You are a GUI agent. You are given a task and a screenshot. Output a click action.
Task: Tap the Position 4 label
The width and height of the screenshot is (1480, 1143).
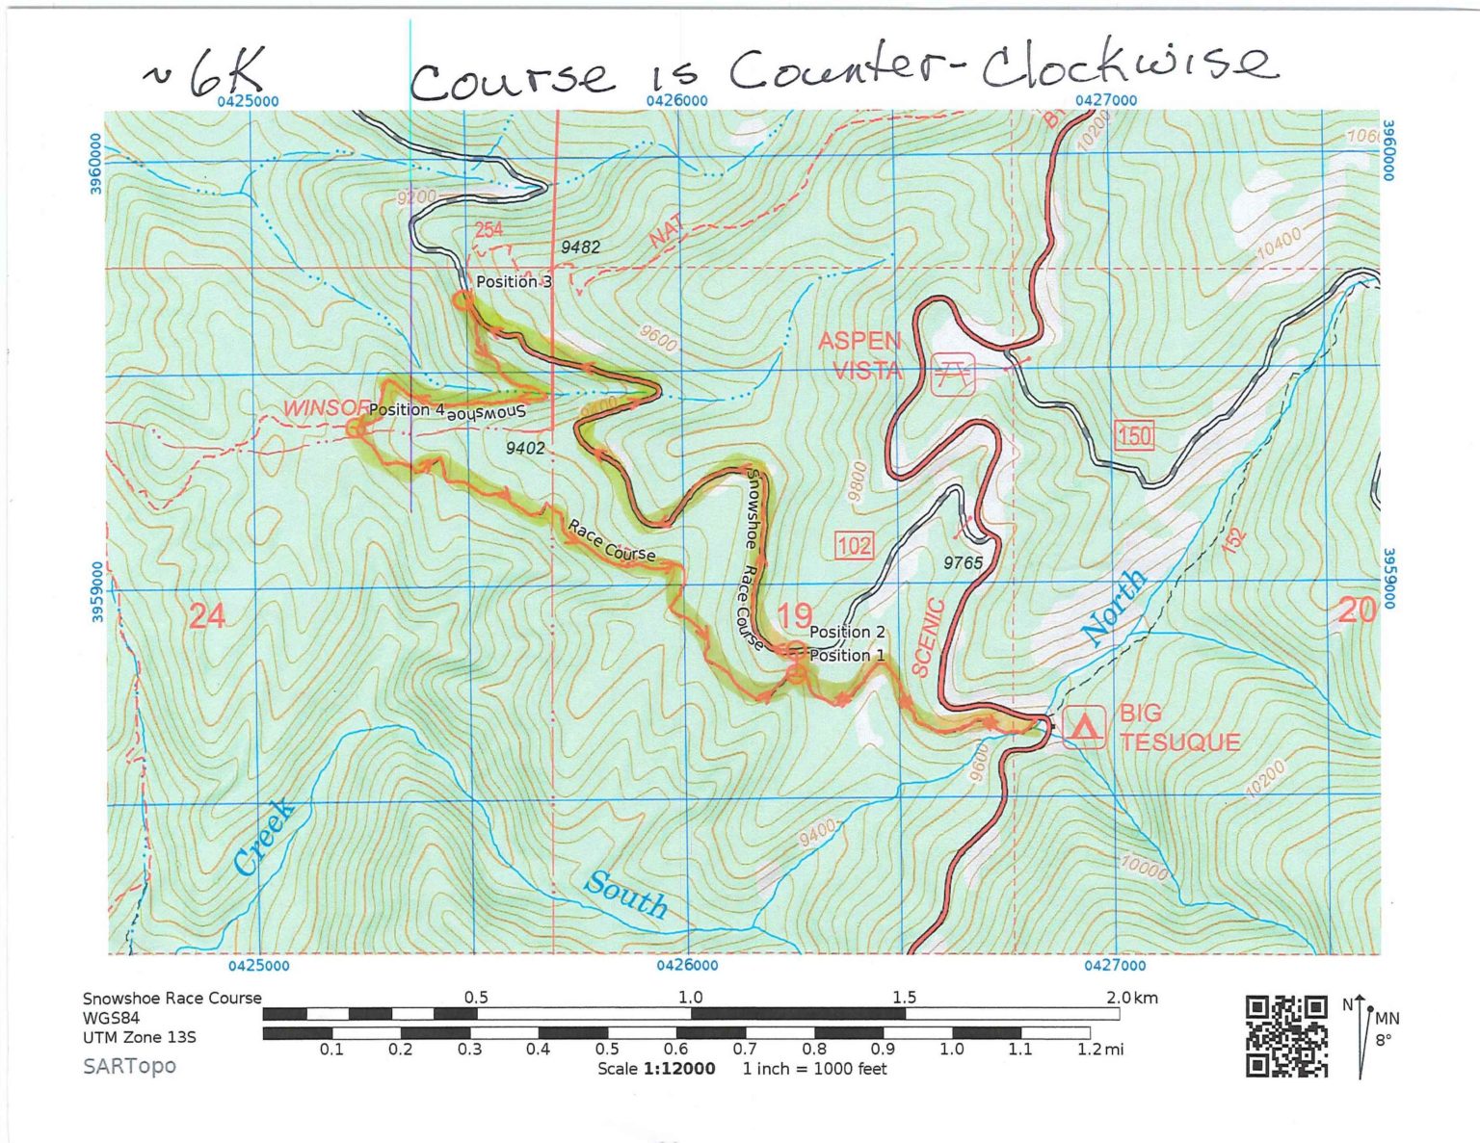406,409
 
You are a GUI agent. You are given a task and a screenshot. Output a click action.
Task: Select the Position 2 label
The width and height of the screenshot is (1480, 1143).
846,632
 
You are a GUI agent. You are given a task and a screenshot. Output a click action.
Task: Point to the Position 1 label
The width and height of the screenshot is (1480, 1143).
846,655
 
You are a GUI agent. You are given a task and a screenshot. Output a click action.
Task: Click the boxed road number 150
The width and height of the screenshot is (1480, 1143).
1134,435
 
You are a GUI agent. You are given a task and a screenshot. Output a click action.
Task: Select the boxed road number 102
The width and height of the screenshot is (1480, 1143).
854,547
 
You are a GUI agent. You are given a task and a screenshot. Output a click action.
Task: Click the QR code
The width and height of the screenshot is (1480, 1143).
1286,1036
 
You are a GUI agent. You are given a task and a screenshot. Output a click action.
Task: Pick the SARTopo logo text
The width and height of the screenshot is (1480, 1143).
129,1066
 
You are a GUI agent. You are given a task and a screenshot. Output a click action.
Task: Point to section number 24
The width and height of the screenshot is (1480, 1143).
207,615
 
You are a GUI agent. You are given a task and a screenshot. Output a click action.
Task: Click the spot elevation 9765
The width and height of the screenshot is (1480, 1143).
963,562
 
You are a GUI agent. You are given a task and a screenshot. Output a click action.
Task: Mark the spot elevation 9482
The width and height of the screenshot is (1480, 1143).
580,247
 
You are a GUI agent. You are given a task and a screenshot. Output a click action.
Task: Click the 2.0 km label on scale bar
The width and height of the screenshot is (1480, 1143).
1131,998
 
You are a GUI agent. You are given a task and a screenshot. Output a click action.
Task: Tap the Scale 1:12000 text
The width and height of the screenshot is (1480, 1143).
656,1068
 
